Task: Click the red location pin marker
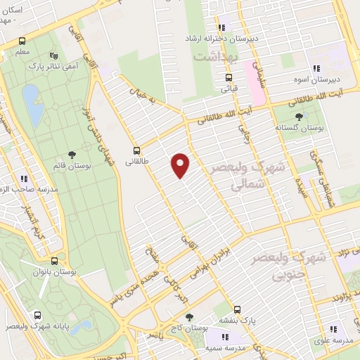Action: (181, 165)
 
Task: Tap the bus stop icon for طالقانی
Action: (136, 150)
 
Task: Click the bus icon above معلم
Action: (22, 41)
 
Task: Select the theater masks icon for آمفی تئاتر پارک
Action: (54, 57)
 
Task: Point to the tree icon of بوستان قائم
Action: (72, 155)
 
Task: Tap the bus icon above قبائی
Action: (228, 79)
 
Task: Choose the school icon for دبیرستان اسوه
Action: (316, 69)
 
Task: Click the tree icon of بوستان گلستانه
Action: (300, 116)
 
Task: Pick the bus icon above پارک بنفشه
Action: (237, 309)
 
